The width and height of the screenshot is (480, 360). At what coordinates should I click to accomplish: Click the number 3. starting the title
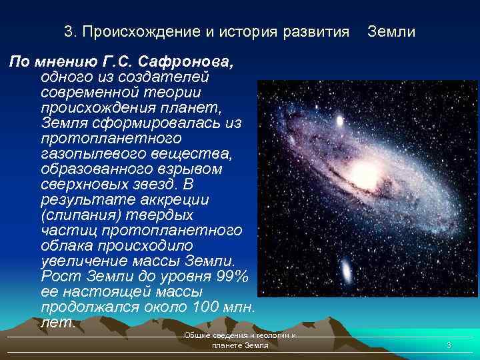(69, 31)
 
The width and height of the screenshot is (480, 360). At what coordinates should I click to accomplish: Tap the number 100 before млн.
(200, 307)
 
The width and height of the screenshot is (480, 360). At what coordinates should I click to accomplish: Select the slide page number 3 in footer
(449, 345)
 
